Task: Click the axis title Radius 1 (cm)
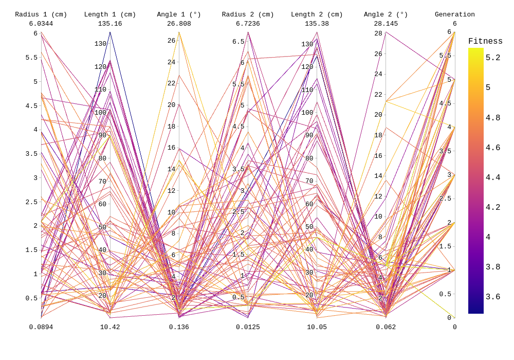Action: coord(41,14)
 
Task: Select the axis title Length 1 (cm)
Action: coord(110,14)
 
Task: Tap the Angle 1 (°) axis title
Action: coord(179,14)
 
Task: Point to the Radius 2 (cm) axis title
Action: coord(248,14)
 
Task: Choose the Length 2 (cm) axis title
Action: coord(317,14)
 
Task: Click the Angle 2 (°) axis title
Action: coord(385,14)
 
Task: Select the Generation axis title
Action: coord(454,14)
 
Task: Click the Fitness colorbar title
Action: coord(485,42)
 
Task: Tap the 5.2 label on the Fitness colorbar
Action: coord(493,58)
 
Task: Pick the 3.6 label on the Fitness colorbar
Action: coord(493,297)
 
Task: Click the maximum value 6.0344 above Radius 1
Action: coord(41,24)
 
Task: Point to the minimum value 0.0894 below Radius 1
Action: coord(41,327)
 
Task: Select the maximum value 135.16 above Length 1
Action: coord(110,24)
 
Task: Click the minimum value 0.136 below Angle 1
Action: coord(179,327)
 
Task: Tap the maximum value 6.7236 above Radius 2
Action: coord(248,24)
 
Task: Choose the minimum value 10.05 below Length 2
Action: coord(317,327)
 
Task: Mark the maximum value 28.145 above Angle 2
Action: coord(385,24)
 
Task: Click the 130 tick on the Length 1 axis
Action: coord(100,44)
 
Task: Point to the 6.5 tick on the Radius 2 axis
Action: coord(238,42)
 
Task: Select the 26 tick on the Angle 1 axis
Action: coord(171,41)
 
